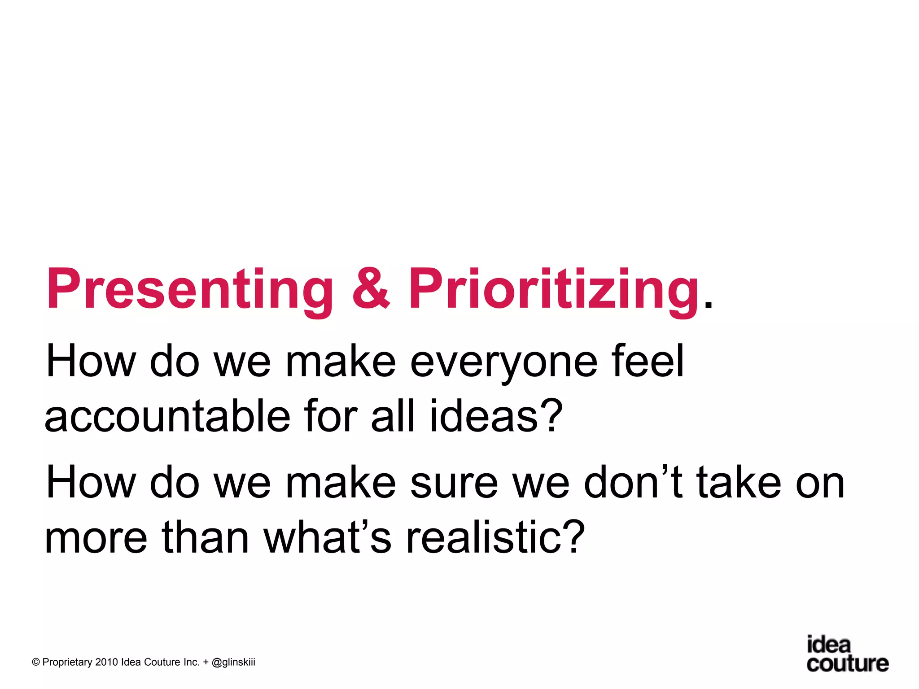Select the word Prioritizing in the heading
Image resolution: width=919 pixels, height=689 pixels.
click(554, 289)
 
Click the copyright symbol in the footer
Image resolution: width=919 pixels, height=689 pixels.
click(36, 663)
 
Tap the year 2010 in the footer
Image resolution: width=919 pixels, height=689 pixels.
click(106, 663)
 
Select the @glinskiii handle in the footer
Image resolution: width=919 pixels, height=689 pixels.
click(233, 663)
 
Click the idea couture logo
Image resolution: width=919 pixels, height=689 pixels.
click(846, 654)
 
